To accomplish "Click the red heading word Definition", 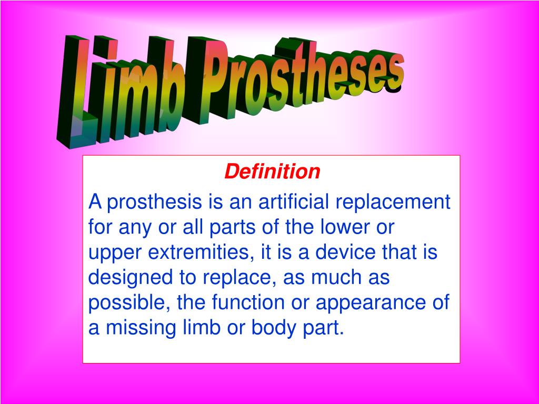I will tap(272, 171).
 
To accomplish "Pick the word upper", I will tap(114, 254).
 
